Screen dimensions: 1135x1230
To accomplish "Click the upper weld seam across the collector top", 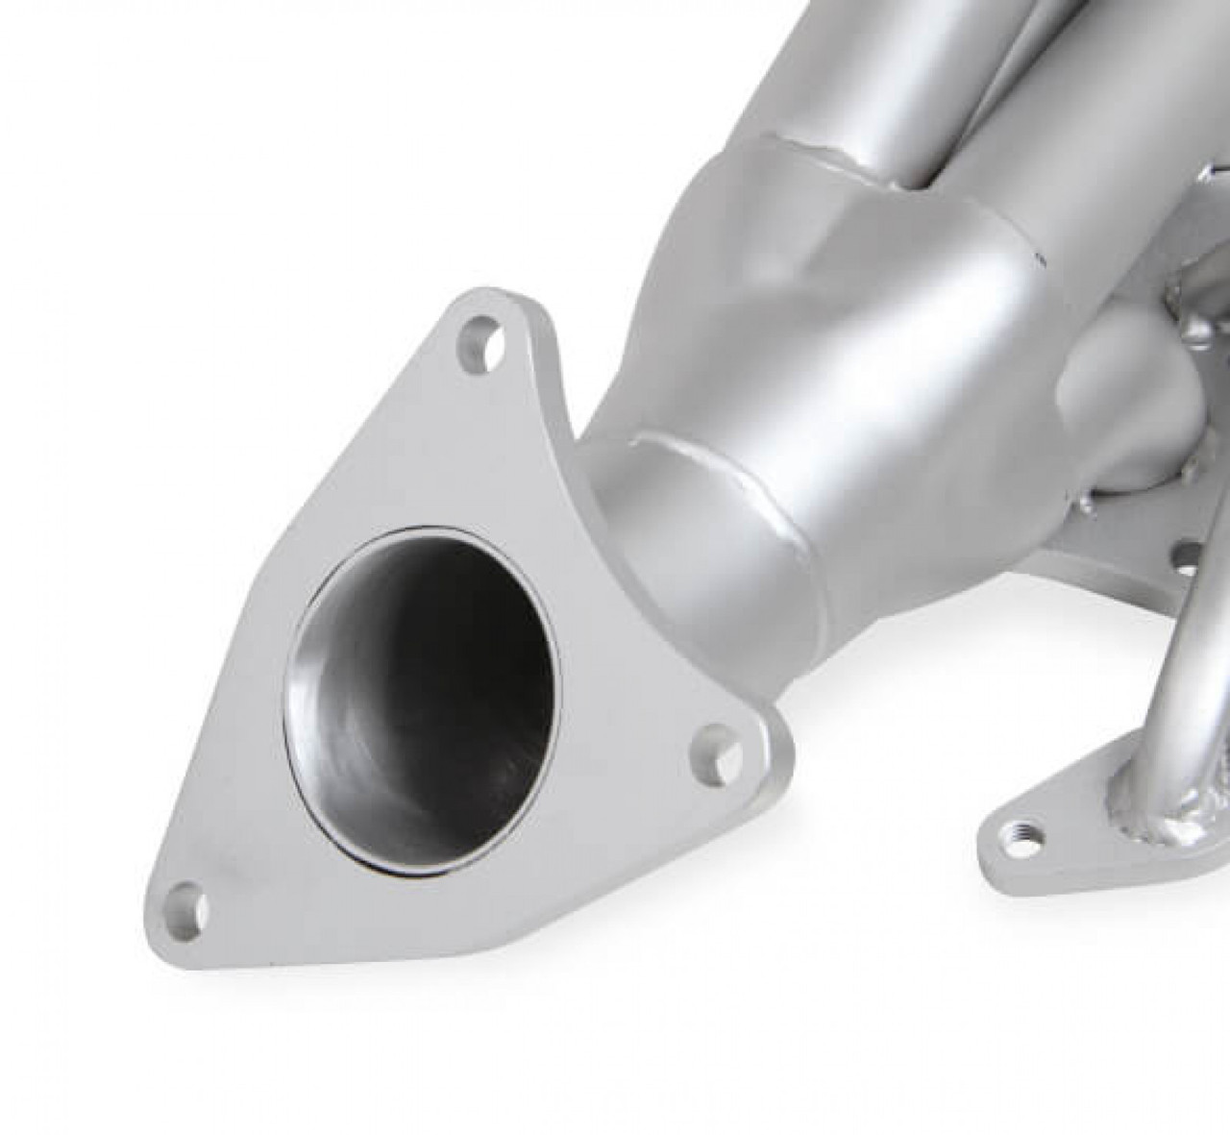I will (798, 154).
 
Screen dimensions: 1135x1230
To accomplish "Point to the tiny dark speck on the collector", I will (1036, 258).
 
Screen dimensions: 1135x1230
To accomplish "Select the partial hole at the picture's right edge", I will (1192, 555).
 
